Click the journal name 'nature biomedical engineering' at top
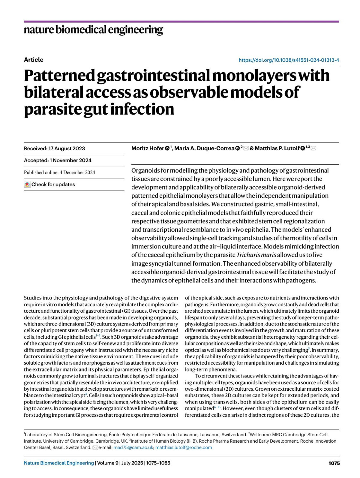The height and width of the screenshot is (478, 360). point(93,30)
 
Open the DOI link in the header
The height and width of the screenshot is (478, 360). point(289,60)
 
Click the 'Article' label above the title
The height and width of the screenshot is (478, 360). point(34,60)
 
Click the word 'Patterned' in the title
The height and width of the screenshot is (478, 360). point(59,75)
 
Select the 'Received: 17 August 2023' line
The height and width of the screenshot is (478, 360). point(54,149)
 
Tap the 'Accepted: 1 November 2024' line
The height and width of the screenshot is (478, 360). point(58,161)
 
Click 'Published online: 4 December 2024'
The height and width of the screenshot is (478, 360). point(59,172)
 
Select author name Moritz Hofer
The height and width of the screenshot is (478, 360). point(148,149)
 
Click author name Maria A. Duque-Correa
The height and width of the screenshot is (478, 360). point(204,149)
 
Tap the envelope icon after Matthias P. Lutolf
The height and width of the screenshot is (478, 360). point(313,148)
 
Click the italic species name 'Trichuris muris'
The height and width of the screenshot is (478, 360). point(256,255)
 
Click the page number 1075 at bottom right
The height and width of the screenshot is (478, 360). point(334,463)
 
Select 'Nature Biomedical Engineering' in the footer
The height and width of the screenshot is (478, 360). point(59,463)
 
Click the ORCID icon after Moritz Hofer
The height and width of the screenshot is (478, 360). point(167,148)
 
